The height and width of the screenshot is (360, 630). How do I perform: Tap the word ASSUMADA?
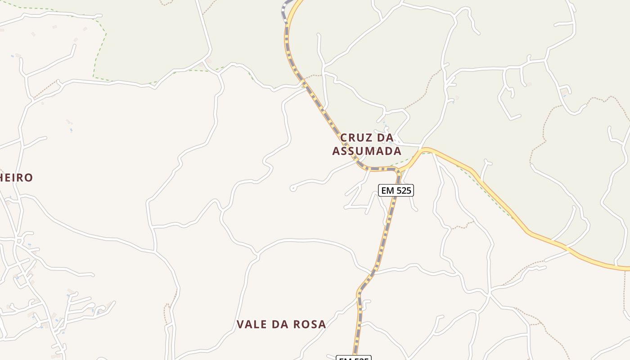pyautogui.click(x=366, y=151)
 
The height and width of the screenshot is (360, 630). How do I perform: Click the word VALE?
pyautogui.click(x=251, y=324)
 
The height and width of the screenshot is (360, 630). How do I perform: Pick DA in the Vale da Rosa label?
pyautogui.click(x=279, y=324)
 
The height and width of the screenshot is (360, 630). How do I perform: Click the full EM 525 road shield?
pyautogui.click(x=396, y=190)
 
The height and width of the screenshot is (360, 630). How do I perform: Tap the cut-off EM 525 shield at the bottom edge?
pyautogui.click(x=354, y=358)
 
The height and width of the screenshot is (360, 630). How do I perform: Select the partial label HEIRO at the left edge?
pyautogui.click(x=16, y=178)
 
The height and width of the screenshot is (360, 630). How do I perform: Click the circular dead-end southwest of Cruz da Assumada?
pyautogui.click(x=293, y=188)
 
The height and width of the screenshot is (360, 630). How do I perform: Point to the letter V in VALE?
pyautogui.click(x=240, y=324)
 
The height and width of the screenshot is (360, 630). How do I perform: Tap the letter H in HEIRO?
pyautogui.click(x=3, y=178)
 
